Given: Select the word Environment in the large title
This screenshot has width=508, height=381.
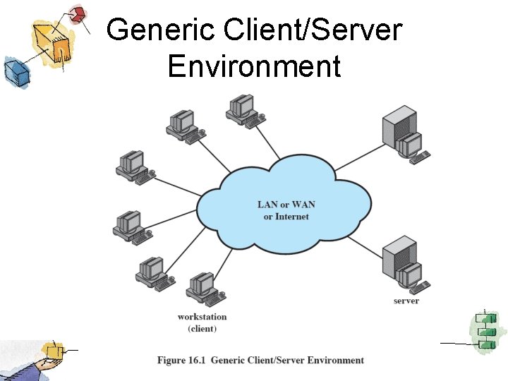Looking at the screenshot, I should point(254,66).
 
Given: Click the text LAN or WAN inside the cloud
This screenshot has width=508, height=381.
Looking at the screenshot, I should point(286,205).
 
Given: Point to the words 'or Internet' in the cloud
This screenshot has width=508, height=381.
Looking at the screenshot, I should point(286,217).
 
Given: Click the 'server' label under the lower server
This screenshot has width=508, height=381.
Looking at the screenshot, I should point(406,301).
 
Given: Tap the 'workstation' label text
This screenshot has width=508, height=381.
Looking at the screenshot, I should point(202,317).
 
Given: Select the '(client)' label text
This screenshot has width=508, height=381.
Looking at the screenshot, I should point(202,329).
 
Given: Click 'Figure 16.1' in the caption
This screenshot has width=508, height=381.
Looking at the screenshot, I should point(181,361).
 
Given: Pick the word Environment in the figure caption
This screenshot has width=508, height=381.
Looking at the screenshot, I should point(332,361).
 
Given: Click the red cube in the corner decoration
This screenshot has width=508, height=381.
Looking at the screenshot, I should point(78,13).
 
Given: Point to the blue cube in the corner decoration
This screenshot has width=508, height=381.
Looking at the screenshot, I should point(14,71).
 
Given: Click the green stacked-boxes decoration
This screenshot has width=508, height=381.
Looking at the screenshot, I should point(486,330).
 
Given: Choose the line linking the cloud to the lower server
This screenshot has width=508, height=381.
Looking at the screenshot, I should point(363,245).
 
